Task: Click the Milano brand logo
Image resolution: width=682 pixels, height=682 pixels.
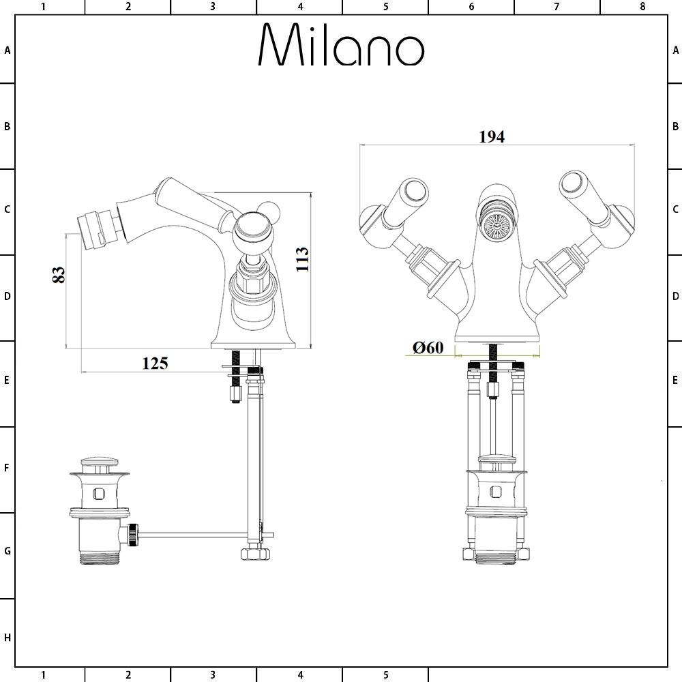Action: pos(341,44)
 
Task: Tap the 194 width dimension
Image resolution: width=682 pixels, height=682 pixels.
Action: pos(492,136)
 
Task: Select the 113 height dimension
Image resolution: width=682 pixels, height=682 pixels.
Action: pos(302,259)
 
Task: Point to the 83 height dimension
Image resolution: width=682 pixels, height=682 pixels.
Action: pos(58,274)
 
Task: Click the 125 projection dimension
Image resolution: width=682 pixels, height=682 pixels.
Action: pos(155,364)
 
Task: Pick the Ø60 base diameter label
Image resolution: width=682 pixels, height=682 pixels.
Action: pos(428,348)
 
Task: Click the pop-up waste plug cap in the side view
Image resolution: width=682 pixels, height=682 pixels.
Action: pos(100,462)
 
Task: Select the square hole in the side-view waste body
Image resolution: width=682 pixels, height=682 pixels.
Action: pos(99,494)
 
